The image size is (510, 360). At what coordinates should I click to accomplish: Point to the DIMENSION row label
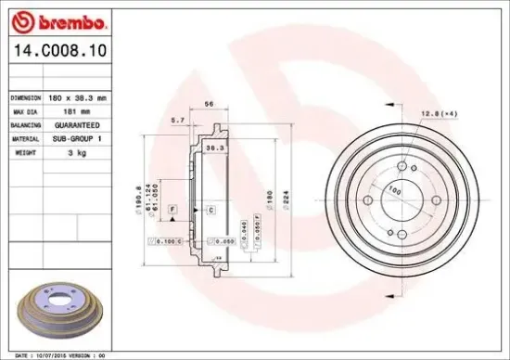[27, 96]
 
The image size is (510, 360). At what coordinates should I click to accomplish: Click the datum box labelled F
[172, 211]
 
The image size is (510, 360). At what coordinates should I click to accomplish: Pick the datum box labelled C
[210, 211]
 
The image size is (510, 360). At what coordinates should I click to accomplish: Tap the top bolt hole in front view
[404, 167]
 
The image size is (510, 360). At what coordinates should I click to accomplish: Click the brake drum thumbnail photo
[57, 305]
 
